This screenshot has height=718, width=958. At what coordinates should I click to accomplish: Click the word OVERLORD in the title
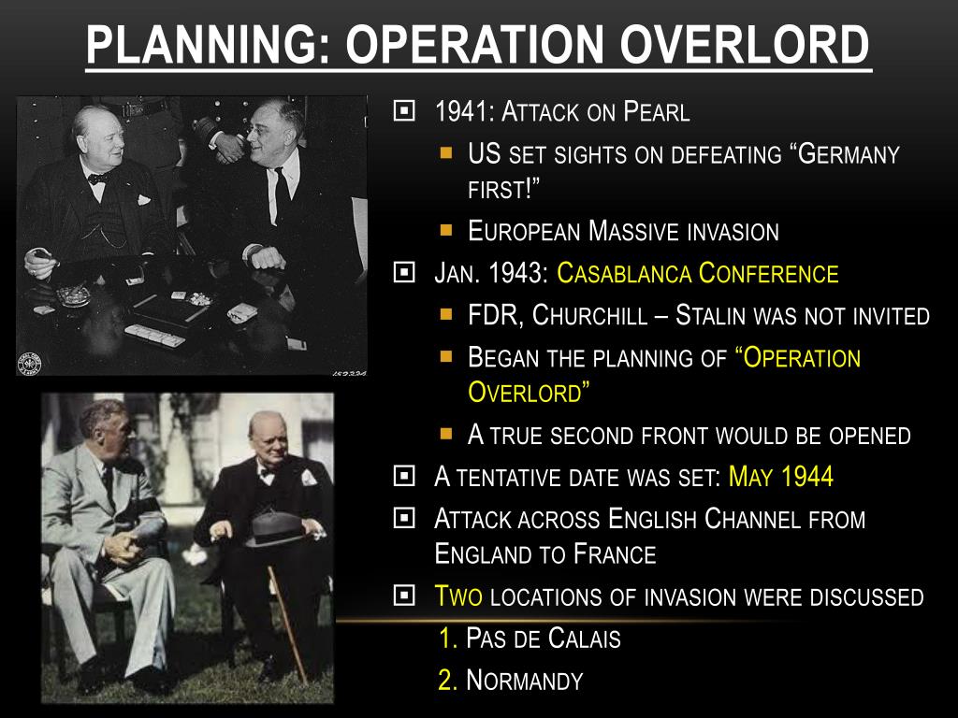(745, 45)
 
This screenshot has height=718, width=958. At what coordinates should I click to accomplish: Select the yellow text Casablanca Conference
(697, 273)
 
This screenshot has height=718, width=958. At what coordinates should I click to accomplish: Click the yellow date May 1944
(781, 476)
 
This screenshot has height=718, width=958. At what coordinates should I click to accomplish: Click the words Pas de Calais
(544, 638)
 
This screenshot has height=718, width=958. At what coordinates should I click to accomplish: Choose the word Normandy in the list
(524, 681)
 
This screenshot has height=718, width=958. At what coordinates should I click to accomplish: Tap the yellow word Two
(458, 596)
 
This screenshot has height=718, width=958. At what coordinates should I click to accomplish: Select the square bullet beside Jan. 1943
(404, 272)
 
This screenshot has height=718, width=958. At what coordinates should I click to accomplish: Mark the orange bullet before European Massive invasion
(446, 230)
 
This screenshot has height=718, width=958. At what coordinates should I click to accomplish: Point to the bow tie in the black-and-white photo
(98, 179)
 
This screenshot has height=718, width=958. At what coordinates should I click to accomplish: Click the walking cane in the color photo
(287, 624)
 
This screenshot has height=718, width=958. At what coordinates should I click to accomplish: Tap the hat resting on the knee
(274, 528)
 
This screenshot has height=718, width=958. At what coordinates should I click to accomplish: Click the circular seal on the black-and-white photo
(29, 364)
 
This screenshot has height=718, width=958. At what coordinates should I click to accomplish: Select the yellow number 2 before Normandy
(448, 681)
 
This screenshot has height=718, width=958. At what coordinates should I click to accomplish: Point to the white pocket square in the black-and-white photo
(144, 199)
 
